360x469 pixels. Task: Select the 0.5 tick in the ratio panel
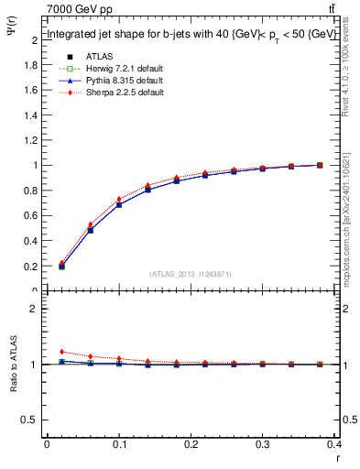(x=31, y=420)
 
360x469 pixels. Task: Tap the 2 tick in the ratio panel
(x=35, y=309)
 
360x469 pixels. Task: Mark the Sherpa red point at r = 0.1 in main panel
(x=119, y=200)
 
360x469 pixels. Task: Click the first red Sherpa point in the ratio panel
(x=61, y=352)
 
